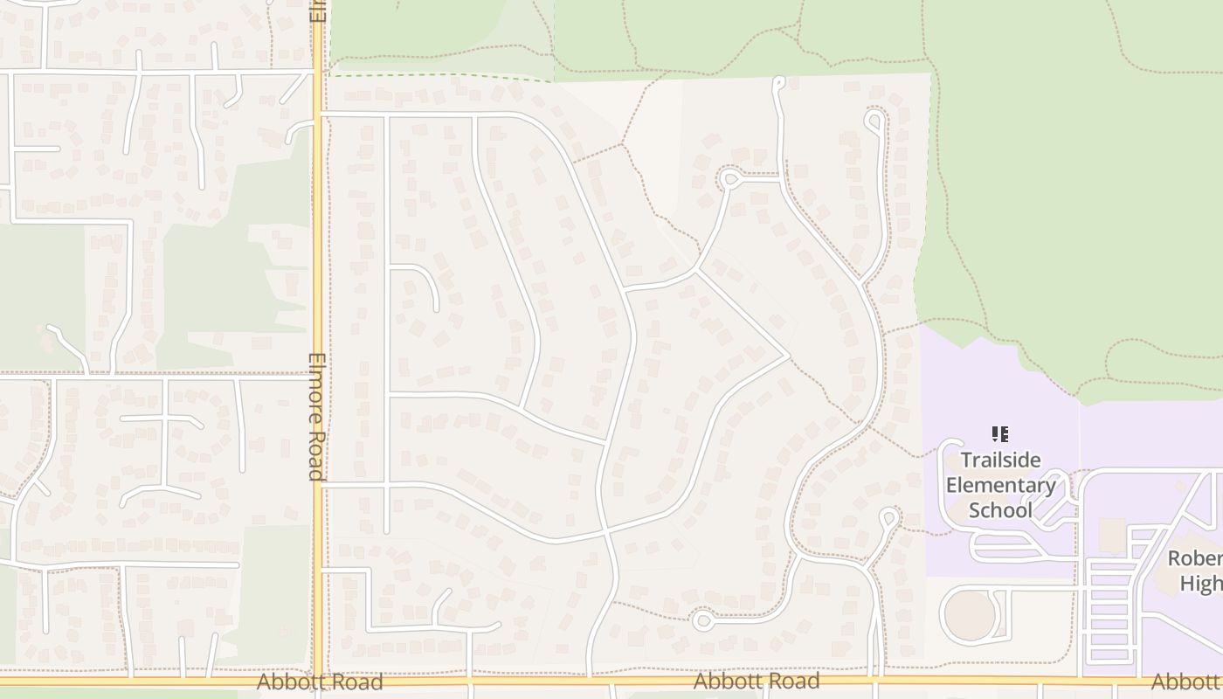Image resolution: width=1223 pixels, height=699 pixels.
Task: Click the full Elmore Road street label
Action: pos(316,417)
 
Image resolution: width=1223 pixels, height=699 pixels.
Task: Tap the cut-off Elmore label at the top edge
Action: pos(317,10)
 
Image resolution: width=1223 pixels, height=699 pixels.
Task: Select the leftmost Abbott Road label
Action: pos(320,682)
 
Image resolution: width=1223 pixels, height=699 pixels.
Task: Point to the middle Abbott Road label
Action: pos(757,681)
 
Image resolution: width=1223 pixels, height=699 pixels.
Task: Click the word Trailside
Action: pos(1000,460)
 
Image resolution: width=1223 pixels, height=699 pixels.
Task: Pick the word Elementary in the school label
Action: pos(1001,485)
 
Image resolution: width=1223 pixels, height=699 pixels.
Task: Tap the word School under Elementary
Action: pos(1000,510)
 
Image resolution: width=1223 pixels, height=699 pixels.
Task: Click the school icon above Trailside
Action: pos(1000,434)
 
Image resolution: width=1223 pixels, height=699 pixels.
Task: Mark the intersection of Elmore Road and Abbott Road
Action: pos(317,680)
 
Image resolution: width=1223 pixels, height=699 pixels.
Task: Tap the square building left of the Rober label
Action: pos(1112,535)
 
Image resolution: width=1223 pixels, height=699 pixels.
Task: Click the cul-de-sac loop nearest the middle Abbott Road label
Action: pos(702,621)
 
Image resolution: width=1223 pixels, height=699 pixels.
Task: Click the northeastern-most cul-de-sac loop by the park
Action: pos(874,120)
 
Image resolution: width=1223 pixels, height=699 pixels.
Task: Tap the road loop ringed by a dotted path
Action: pos(729,179)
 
